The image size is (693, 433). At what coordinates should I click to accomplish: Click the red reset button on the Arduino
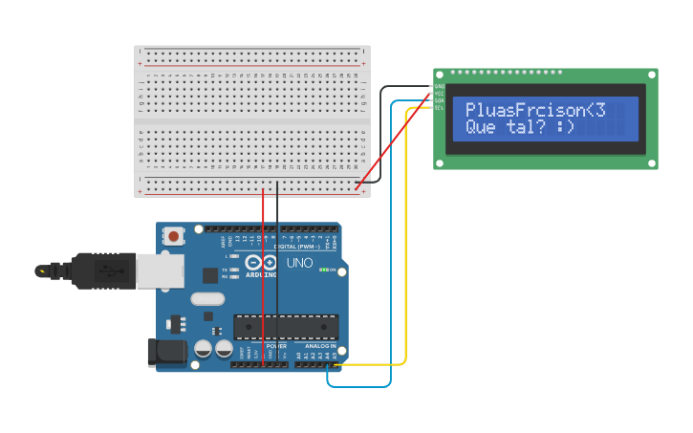coord(173,235)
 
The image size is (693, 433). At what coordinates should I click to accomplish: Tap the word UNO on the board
coord(299,263)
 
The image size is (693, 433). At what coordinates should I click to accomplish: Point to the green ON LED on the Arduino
coord(324,271)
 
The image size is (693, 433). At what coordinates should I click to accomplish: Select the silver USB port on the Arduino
coord(160,271)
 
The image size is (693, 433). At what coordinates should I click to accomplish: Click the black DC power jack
coord(166,352)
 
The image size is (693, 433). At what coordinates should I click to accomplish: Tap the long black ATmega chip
coord(286,327)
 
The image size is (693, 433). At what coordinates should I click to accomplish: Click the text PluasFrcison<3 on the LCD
coord(535,110)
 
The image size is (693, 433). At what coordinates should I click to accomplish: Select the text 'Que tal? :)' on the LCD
coord(520,126)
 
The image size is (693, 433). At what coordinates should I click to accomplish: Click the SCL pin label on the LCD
coord(439,107)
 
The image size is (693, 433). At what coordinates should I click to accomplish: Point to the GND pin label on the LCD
coord(439,86)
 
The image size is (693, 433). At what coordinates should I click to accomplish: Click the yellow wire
coord(406,239)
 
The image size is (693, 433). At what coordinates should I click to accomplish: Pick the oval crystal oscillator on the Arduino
coord(207,298)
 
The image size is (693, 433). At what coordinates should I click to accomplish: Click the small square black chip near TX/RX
coord(210,275)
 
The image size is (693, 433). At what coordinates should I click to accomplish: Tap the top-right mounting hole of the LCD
coord(652,74)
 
